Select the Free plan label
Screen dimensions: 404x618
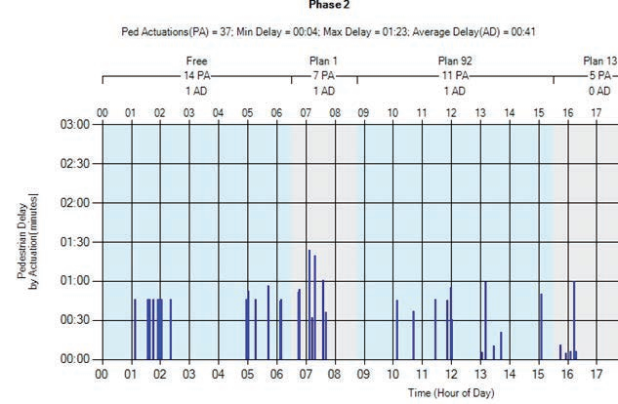click(197, 61)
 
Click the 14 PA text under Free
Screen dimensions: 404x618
click(197, 75)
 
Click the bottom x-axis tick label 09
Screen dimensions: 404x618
click(363, 373)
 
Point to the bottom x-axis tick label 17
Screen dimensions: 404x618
click(597, 373)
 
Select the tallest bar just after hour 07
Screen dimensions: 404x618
click(309, 304)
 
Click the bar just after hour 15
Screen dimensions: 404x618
click(541, 326)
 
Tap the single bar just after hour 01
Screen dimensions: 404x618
click(135, 329)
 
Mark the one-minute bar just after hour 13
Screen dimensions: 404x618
click(486, 320)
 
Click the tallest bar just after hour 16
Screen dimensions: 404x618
click(574, 320)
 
